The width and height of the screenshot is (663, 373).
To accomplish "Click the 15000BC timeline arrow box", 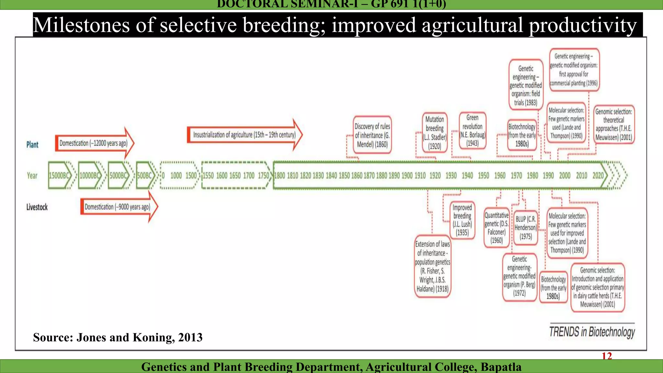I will point(60,175).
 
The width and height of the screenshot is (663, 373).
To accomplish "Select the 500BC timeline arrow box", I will point(145,175).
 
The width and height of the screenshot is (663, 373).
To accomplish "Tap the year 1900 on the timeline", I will point(407,175).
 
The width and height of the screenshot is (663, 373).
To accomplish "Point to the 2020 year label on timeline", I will point(598,175).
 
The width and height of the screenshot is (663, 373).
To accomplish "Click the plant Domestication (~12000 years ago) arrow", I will point(94,143).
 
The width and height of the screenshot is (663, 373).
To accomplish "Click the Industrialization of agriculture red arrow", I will point(244,135).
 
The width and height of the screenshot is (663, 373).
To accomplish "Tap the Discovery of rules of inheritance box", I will point(372,135).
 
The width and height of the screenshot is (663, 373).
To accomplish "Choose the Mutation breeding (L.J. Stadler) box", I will point(435,132).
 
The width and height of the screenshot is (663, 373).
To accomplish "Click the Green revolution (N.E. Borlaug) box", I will point(472,130).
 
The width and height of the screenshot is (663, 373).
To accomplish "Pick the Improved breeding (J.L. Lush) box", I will point(462,220).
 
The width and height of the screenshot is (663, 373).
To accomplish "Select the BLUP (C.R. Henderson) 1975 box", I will point(525,228).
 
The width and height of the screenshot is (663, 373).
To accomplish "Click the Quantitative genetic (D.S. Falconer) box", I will point(497,228).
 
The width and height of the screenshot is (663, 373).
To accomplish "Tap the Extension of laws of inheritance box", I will point(433,266).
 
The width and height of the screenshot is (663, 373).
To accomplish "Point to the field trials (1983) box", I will point(526,85).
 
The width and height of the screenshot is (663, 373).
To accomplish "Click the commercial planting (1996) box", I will point(574,70).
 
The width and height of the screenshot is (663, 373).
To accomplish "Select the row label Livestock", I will point(37,207).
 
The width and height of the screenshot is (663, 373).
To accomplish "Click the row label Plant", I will point(32,144).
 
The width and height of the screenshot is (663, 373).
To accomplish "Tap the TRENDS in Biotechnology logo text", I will point(592,332).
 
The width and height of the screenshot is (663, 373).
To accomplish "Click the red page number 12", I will point(607,356).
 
